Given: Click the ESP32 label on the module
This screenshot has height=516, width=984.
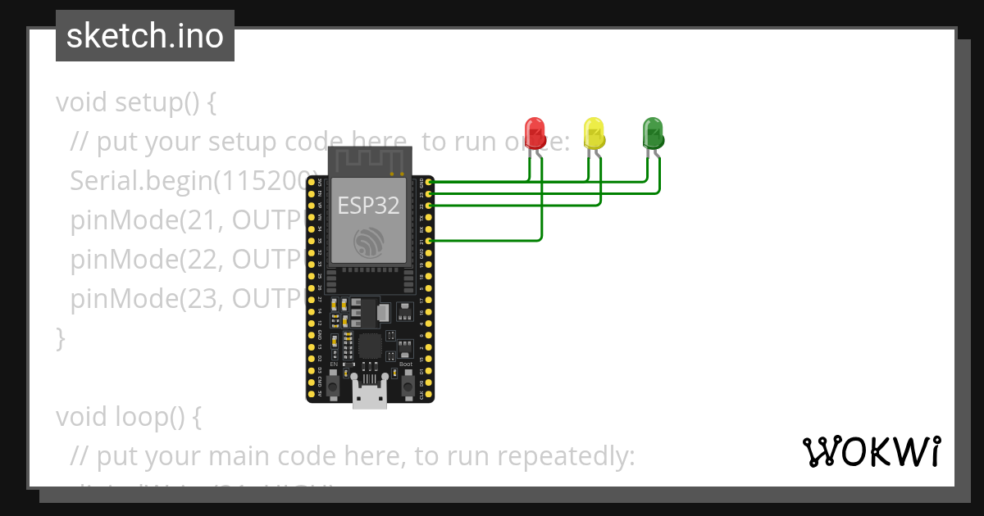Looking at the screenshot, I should pyautogui.click(x=368, y=206).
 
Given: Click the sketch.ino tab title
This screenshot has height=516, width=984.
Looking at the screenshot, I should pyautogui.click(x=145, y=36).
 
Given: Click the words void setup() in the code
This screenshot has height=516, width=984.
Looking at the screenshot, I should pyautogui.click(x=135, y=103).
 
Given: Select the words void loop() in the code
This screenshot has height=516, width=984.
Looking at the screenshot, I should pyautogui.click(x=128, y=417).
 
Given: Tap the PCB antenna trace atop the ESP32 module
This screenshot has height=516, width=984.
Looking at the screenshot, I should pyautogui.click(x=368, y=161).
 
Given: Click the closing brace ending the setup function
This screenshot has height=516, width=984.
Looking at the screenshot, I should pyautogui.click(x=60, y=338).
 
